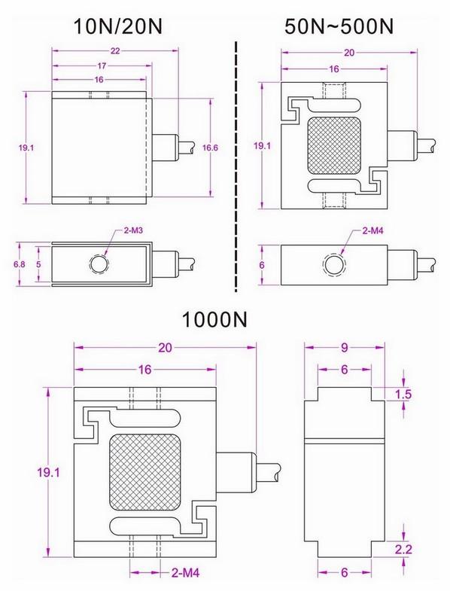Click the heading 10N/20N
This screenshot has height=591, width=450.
(117, 26)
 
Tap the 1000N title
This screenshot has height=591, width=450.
(215, 320)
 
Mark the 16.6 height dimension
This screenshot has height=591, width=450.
(211, 148)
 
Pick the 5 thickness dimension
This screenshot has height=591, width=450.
(39, 264)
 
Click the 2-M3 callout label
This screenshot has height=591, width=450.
(124, 230)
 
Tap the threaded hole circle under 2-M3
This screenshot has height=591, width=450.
(99, 264)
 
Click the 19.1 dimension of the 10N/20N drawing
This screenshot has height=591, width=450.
(26, 148)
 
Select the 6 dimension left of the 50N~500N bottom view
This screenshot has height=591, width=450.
(263, 264)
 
